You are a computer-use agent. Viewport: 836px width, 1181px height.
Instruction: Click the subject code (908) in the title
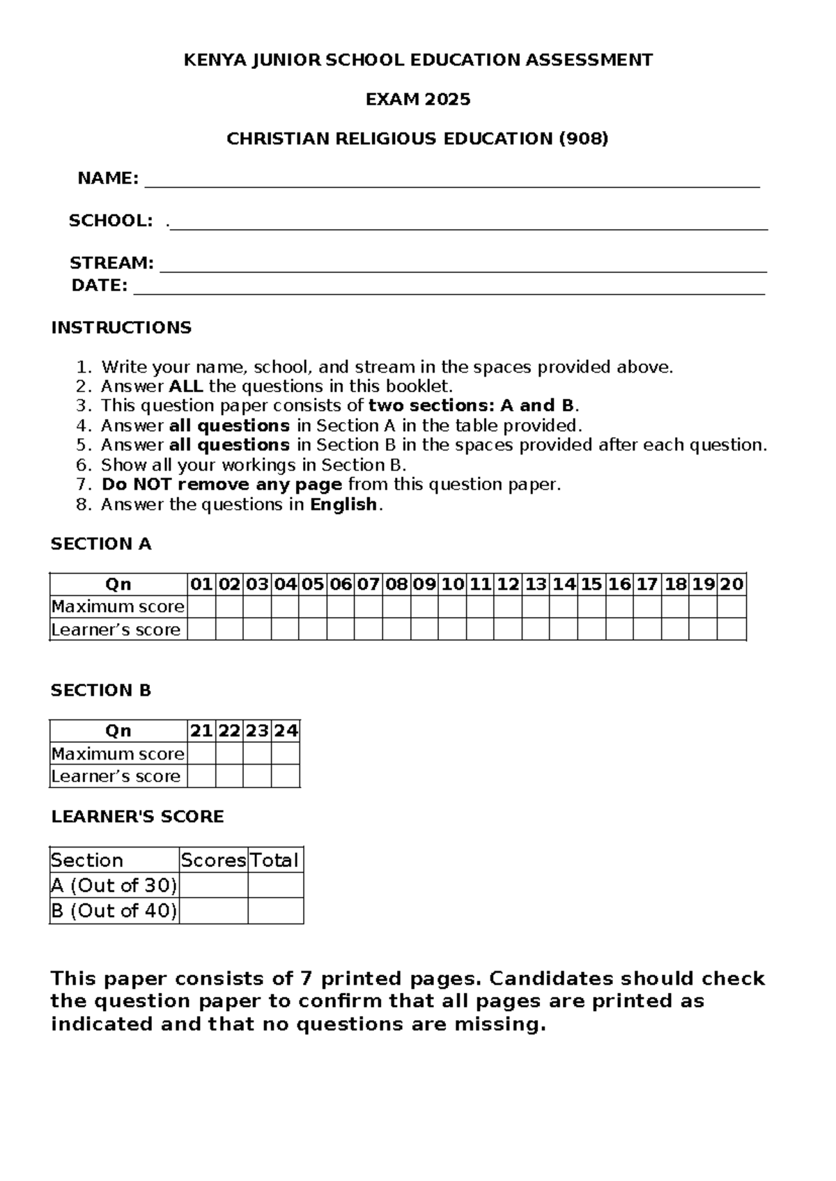[x=584, y=139]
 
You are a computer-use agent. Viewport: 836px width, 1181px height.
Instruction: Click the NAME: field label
[x=108, y=179]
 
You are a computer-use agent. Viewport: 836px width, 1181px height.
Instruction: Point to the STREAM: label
[x=111, y=263]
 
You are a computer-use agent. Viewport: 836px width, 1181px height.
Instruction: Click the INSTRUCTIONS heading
[x=121, y=328]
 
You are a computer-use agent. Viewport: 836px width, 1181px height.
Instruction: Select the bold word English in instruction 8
[x=343, y=505]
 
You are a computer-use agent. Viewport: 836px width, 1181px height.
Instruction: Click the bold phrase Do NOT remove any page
[x=222, y=485]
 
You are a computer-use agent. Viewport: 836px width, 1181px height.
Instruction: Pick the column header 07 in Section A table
[x=368, y=584]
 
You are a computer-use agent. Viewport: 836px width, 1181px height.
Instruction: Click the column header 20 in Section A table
[x=731, y=584]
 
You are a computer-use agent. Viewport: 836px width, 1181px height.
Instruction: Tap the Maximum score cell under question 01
[x=201, y=607]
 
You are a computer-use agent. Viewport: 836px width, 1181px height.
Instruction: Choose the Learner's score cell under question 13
[x=535, y=629]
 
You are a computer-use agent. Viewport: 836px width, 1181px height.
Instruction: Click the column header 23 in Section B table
[x=257, y=730]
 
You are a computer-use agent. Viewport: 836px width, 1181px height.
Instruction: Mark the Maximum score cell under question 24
[x=286, y=753]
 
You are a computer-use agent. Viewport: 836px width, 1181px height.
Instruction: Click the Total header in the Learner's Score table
[x=275, y=860]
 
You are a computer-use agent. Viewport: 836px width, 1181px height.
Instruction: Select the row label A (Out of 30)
[x=114, y=886]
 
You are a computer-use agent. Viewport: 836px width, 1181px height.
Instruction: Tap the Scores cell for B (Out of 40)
[x=213, y=911]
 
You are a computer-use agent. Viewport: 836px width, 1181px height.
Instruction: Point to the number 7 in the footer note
[x=306, y=979]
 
